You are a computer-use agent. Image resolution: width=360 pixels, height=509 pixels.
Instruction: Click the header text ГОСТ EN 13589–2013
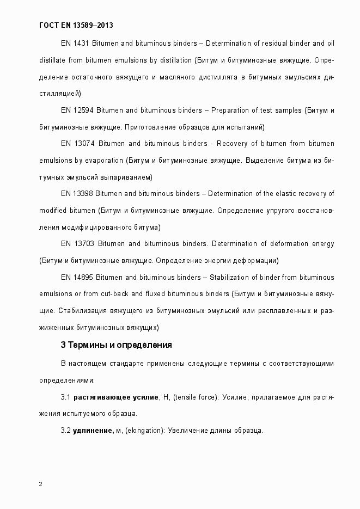tap(77, 25)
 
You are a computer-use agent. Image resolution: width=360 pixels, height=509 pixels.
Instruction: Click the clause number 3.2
tap(66, 431)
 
